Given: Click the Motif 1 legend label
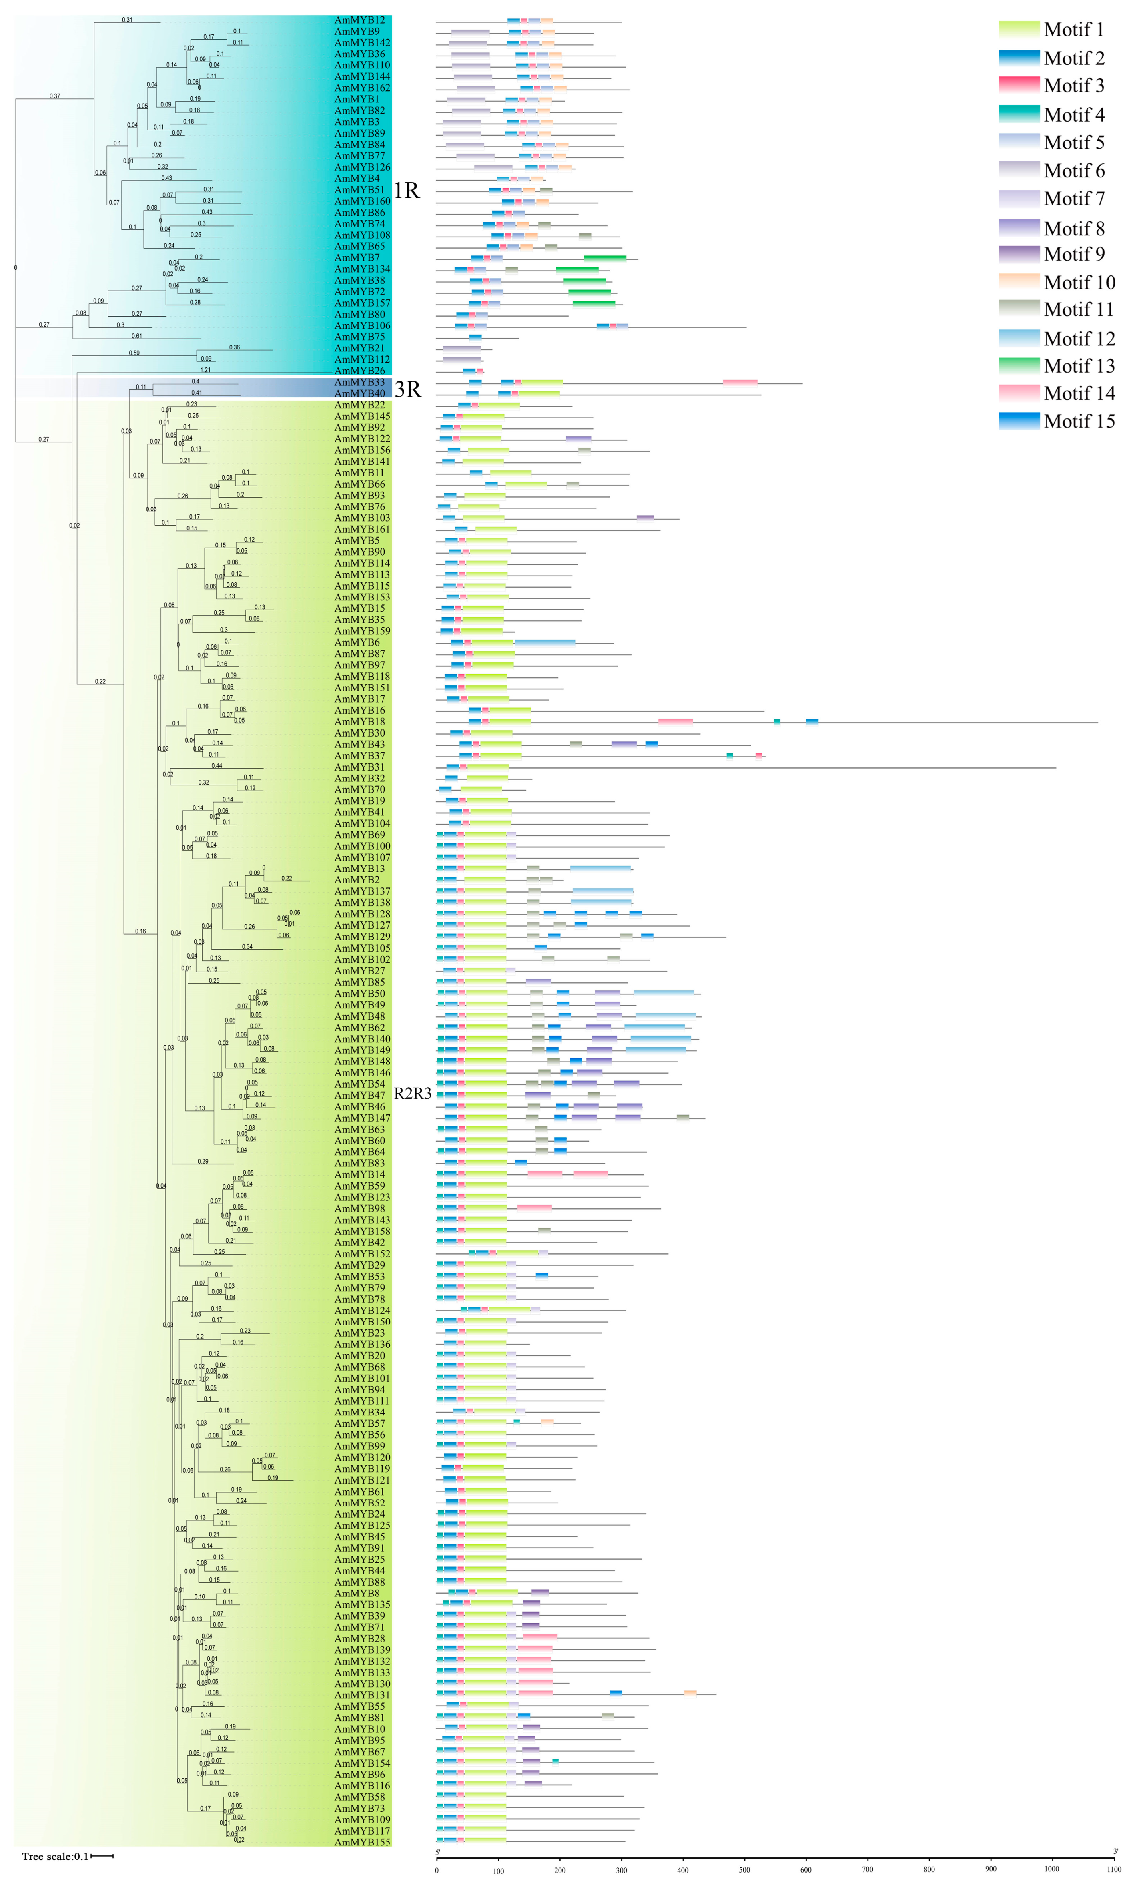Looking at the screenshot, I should pos(1073,30).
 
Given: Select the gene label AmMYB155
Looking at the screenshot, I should pos(362,1842).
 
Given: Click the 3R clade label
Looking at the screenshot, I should pos(408,389).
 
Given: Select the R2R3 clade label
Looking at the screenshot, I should pos(412,1094).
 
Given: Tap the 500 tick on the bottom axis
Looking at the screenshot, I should pos(744,1869).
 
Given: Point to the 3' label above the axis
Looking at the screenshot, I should pos(1115,1852).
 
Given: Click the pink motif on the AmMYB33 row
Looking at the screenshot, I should pos(740,382).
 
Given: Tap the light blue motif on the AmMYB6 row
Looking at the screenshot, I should pos(545,642).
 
